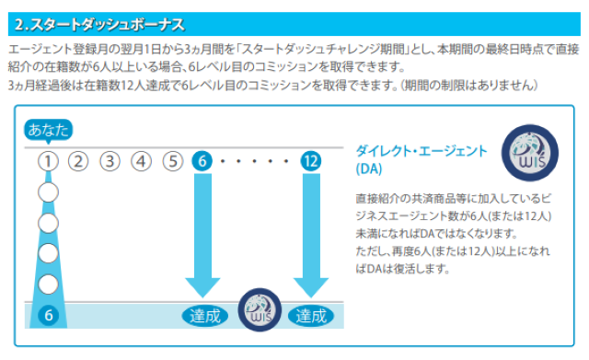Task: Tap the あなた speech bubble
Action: (48, 131)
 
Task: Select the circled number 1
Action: (48, 161)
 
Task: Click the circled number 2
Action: (78, 161)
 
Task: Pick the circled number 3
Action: (110, 161)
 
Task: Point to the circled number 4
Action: (141, 161)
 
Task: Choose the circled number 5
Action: (173, 161)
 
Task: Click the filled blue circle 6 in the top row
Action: (202, 161)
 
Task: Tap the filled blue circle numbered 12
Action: (311, 161)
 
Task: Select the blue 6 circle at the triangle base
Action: (49, 315)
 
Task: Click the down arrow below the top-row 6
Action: (202, 236)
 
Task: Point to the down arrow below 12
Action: (311, 236)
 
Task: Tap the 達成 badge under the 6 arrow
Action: (205, 316)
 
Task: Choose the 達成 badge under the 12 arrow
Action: (311, 316)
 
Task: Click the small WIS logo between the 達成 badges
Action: (260, 310)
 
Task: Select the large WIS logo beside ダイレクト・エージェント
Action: (530, 153)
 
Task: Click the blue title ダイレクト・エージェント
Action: (422, 151)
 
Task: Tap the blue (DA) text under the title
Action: (369, 168)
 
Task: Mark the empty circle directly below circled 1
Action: (48, 192)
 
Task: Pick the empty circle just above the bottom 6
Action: (48, 285)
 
